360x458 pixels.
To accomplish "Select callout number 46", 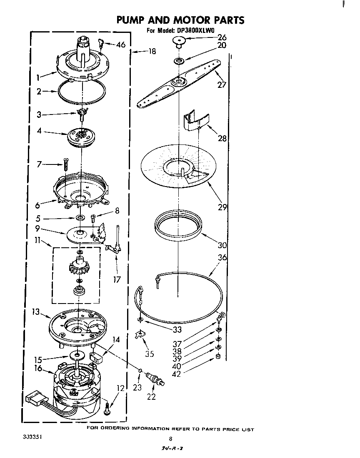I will tap(120, 45).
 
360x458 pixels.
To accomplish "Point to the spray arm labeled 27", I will tap(179, 83).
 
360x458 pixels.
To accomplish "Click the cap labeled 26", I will tap(179, 41).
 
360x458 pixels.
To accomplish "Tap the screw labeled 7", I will tap(65, 165).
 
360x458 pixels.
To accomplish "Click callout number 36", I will tap(222, 258).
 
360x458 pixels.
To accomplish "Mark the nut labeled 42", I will tap(218, 357).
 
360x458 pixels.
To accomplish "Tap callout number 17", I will tap(117, 280).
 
